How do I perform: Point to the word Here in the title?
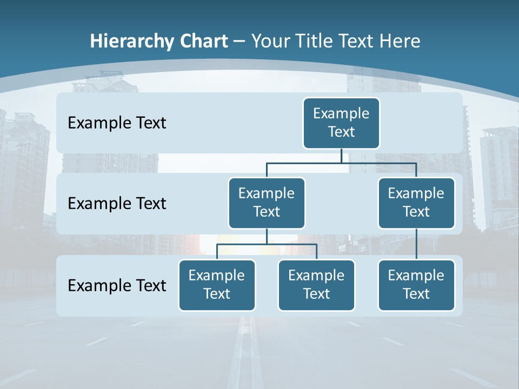tap(400, 42)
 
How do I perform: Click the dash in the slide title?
tap(239, 42)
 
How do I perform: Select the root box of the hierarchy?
tap(341, 123)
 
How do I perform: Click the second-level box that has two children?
tap(267, 203)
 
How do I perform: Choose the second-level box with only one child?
tap(416, 203)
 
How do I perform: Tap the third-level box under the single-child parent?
tap(416, 285)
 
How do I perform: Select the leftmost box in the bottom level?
tap(217, 285)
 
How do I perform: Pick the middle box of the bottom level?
tap(316, 285)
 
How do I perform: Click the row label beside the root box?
tap(117, 123)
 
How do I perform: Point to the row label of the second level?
tap(117, 204)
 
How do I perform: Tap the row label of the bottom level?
tap(117, 285)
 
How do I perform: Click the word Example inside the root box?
tap(341, 113)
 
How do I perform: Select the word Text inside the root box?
tap(341, 132)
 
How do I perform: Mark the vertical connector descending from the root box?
tap(341, 156)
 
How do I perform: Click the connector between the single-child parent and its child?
tap(416, 244)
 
